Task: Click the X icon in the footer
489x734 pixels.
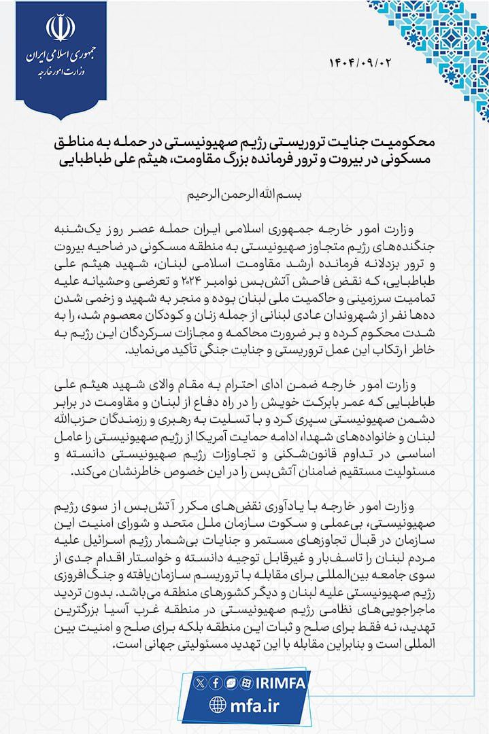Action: click(199, 681)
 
